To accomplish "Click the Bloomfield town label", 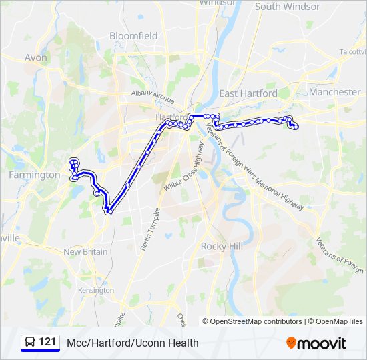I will [133, 35].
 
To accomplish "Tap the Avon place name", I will [35, 57].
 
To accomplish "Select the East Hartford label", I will [248, 93].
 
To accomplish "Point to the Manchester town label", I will [335, 91].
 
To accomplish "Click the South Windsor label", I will [288, 7].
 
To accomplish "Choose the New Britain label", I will [85, 252].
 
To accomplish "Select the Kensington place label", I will [95, 291].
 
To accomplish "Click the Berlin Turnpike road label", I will [151, 229].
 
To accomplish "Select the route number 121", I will [47, 343].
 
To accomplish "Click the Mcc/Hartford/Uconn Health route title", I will [133, 343].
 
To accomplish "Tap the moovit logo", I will [316, 343].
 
